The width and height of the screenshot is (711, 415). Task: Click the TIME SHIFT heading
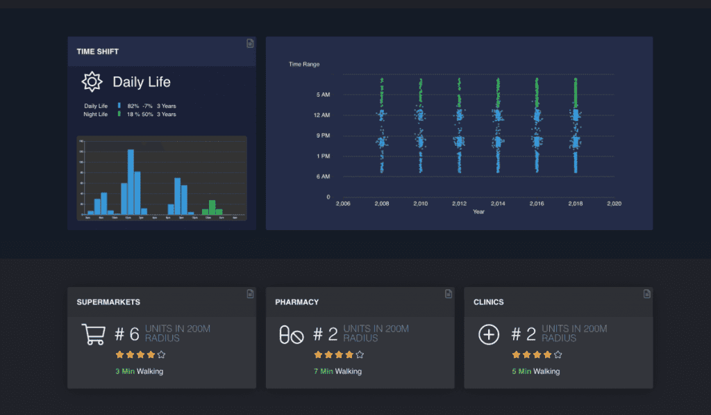click(98, 51)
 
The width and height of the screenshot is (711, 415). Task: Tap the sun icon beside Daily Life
click(92, 82)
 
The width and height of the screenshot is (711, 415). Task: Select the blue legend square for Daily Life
click(119, 106)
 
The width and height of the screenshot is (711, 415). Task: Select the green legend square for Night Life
click(119, 114)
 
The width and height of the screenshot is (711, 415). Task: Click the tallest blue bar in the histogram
click(131, 182)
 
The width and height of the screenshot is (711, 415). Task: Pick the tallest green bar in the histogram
click(212, 207)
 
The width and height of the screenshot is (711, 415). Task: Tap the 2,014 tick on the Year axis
click(497, 204)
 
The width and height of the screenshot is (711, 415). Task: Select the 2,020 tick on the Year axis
click(614, 204)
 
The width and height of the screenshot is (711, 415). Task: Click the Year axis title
click(478, 211)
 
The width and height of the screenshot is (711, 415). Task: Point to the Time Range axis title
click(304, 64)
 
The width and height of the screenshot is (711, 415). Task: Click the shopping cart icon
click(93, 334)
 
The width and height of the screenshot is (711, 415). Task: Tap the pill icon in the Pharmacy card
click(291, 335)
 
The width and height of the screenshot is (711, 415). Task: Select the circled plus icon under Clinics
click(489, 334)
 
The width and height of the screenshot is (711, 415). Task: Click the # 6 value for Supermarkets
click(127, 334)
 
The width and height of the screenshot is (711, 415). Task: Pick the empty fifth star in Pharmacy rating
click(360, 355)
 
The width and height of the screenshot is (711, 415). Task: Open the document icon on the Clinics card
click(646, 294)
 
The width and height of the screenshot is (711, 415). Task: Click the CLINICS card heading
click(488, 302)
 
